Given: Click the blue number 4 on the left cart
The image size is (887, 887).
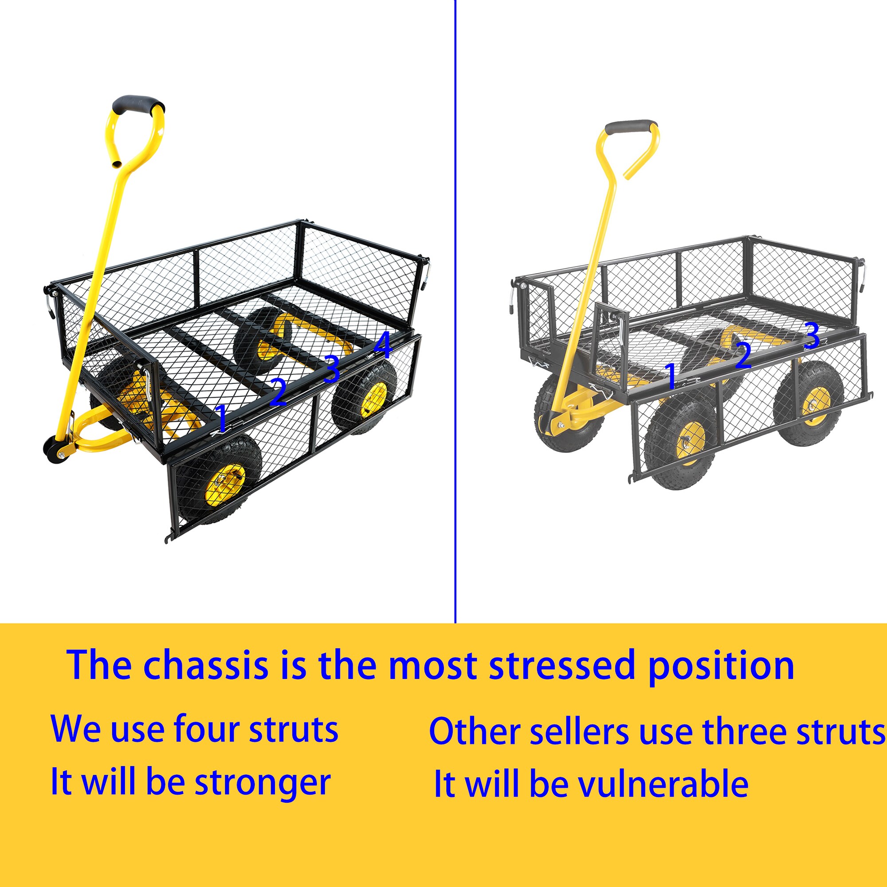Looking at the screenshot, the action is (x=383, y=345).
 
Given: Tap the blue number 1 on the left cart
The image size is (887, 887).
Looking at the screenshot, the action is (x=222, y=418).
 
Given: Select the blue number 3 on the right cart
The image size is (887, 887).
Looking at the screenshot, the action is (x=811, y=336).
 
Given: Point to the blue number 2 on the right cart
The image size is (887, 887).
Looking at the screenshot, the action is (x=743, y=355).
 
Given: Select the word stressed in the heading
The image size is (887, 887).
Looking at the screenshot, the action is (x=563, y=665).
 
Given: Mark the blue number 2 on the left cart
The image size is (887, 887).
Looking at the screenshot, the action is (x=278, y=392).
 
